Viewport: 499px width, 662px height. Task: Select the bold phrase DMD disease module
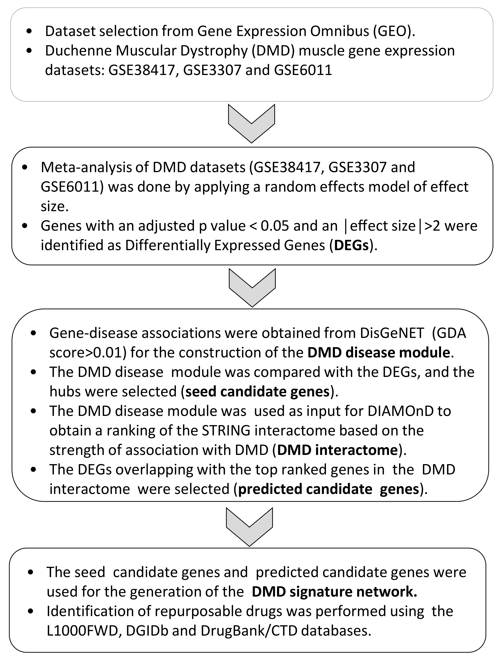coord(379,353)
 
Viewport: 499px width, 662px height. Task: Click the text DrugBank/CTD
coord(249,631)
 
